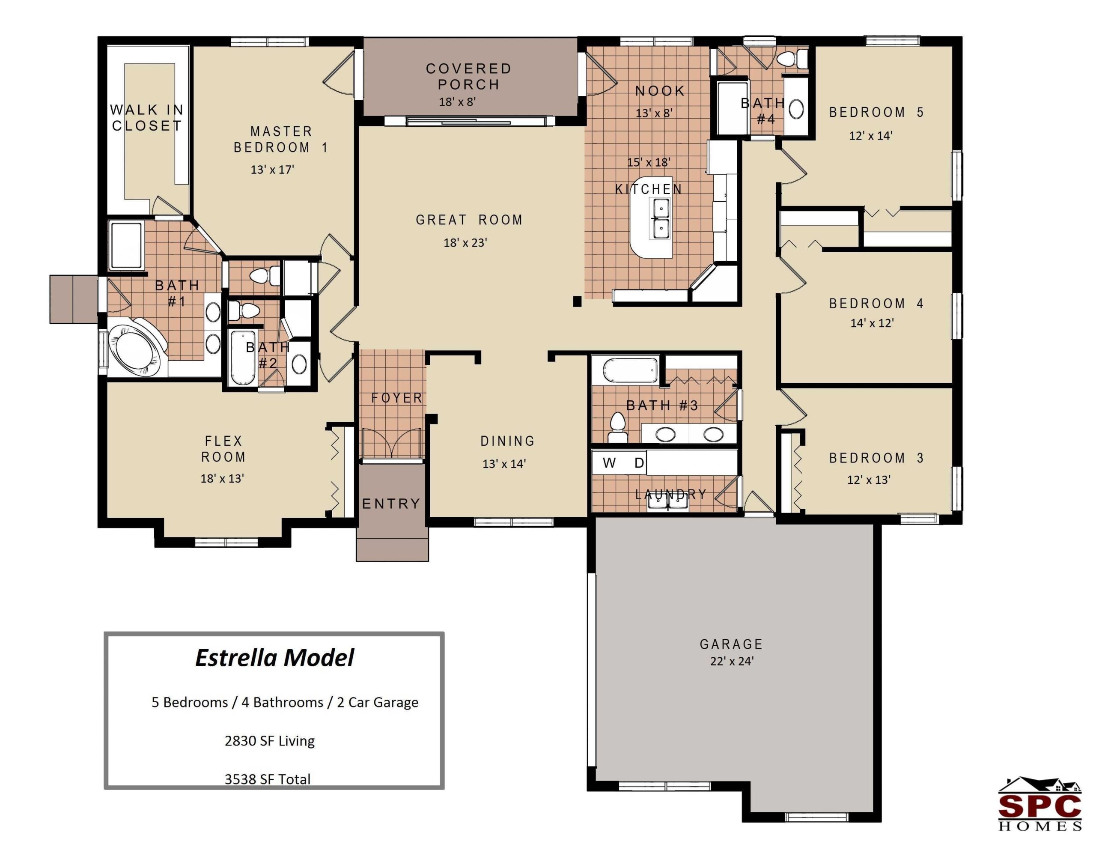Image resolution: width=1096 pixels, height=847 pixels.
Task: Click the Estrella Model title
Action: [x=274, y=658]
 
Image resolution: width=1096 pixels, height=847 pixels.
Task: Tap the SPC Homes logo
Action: [x=1039, y=805]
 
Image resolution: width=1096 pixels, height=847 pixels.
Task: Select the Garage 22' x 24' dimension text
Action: [x=732, y=661]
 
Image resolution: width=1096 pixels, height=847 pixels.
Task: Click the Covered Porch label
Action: [x=469, y=76]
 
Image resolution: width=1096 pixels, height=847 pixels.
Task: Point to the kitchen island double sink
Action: [x=661, y=218]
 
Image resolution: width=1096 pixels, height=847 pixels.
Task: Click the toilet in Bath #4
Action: [x=792, y=59]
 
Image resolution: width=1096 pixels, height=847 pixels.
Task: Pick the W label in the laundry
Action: [x=609, y=462]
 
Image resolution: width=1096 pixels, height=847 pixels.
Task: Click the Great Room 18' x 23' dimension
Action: [x=465, y=243]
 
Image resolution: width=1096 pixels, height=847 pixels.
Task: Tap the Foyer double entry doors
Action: [x=392, y=443]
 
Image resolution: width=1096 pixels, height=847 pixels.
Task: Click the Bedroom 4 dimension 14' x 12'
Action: [x=872, y=323]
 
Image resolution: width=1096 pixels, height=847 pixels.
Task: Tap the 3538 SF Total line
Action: [x=268, y=779]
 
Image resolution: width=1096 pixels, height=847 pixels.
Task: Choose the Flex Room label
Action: [x=223, y=449]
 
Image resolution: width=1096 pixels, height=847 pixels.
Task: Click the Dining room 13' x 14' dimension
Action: [x=504, y=464]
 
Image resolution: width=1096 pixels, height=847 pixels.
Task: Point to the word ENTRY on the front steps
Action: [x=391, y=504]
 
